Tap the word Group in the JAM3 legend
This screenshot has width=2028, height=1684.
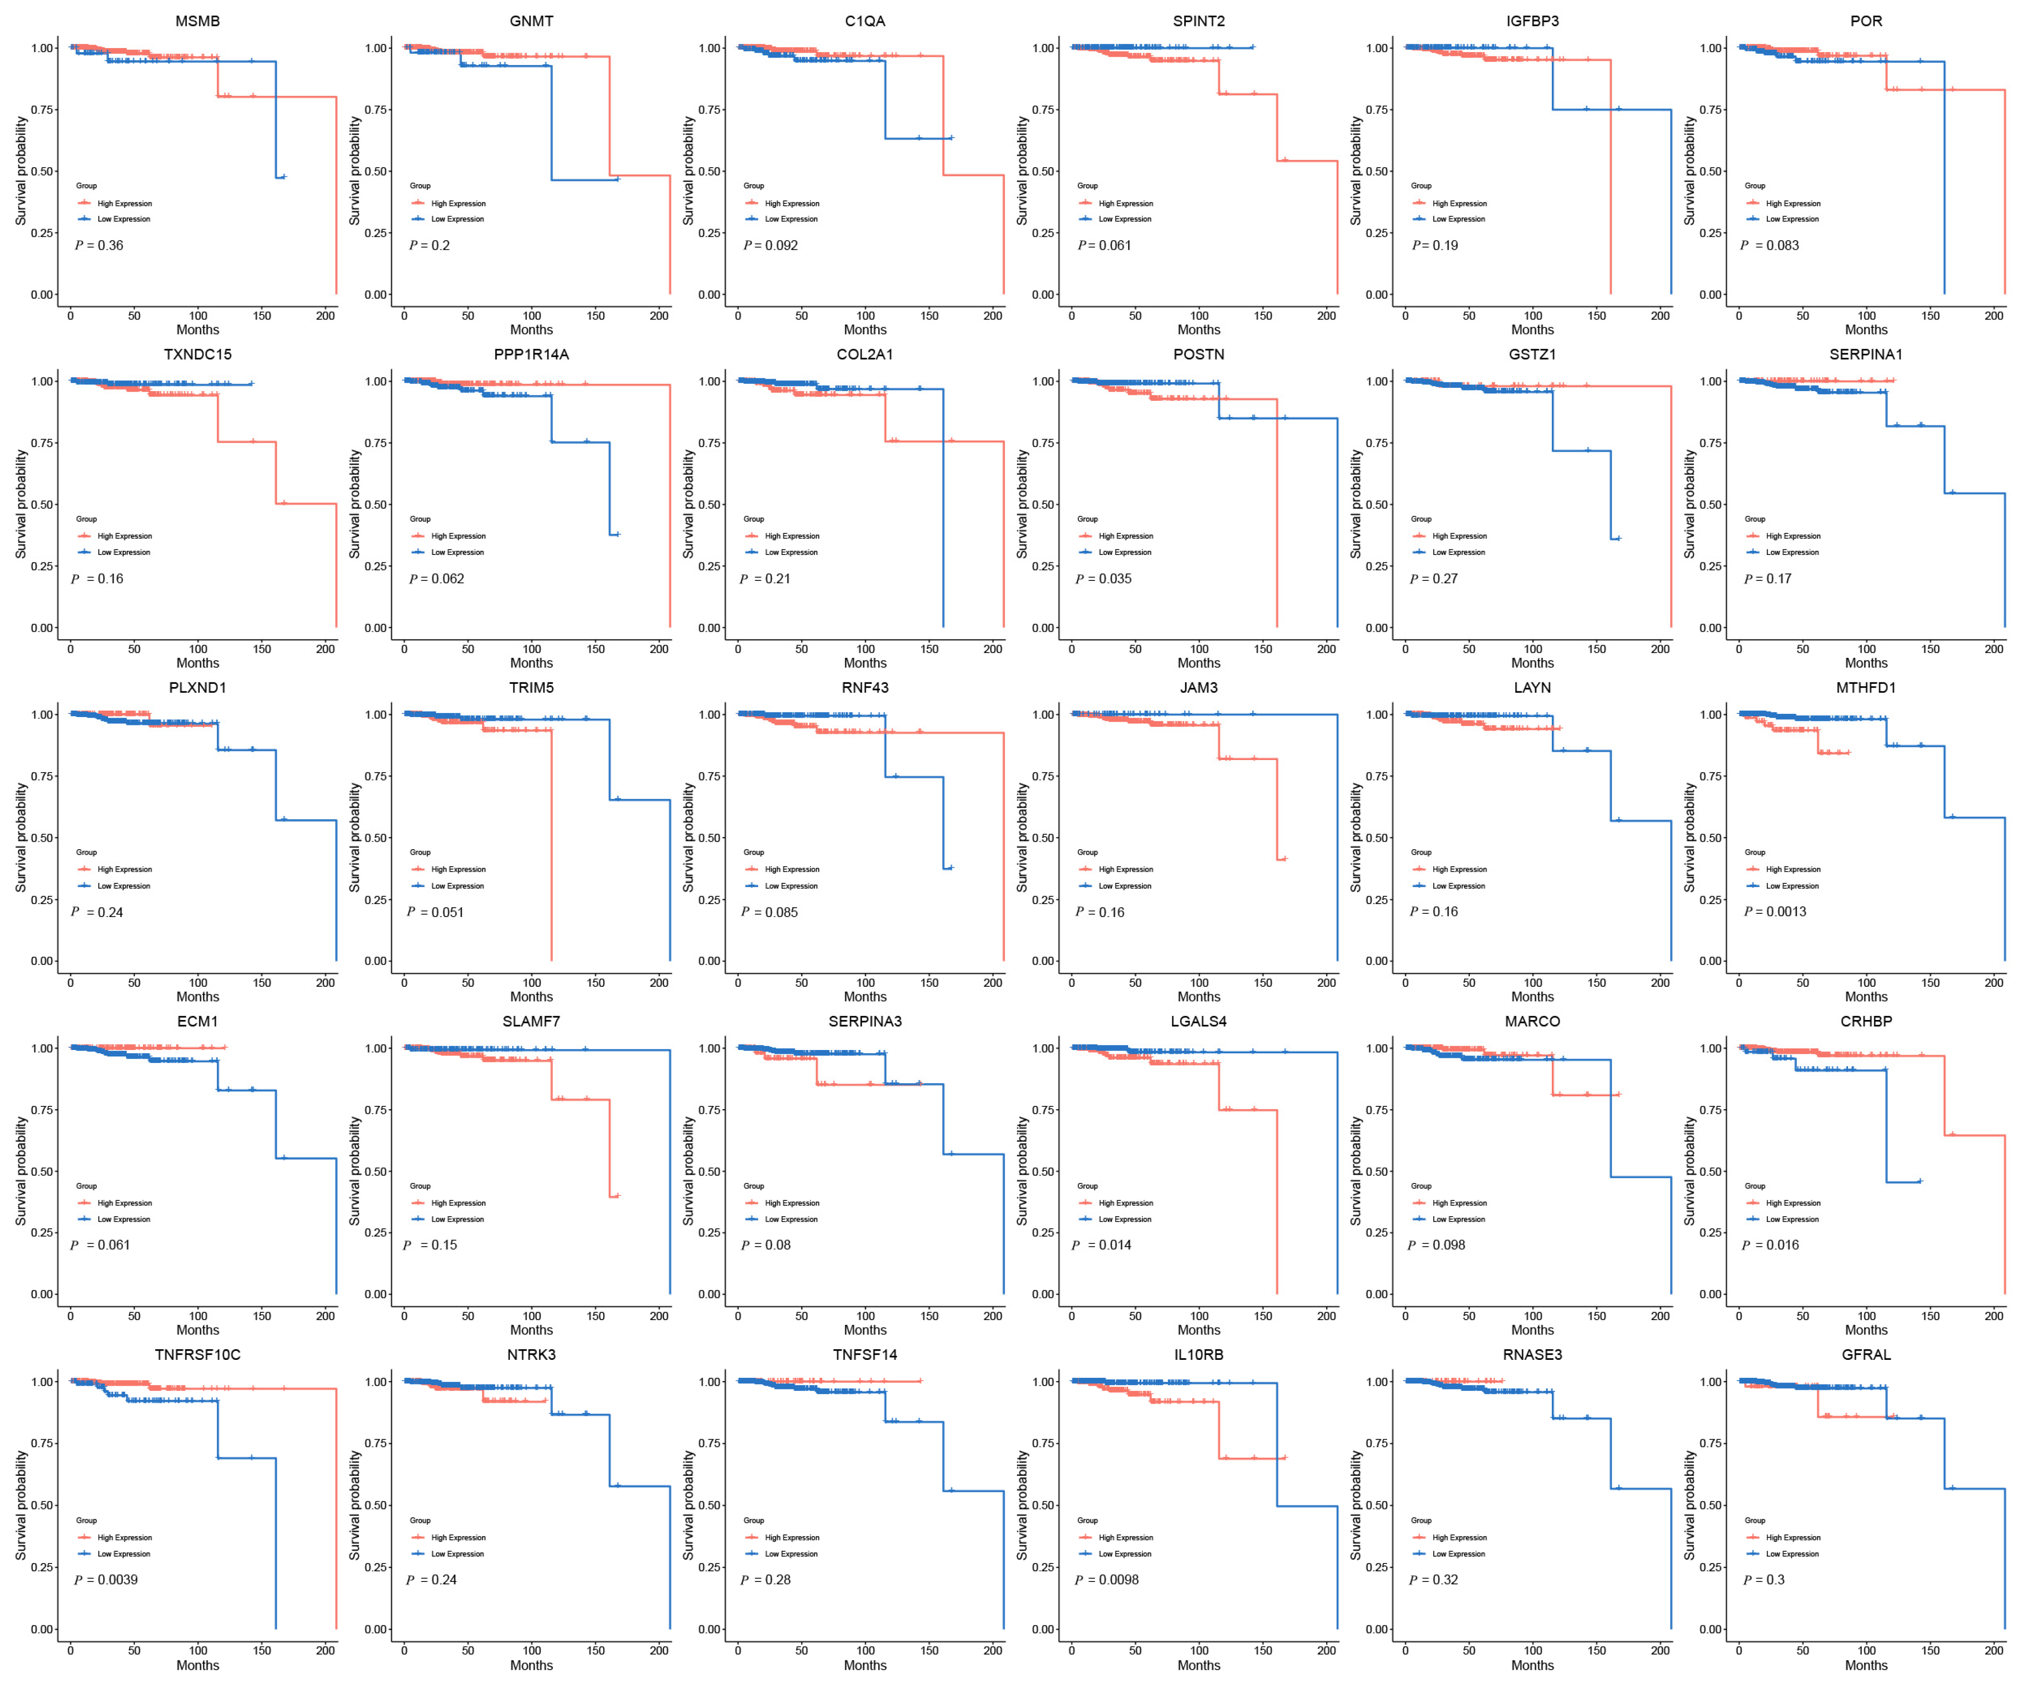click(1088, 852)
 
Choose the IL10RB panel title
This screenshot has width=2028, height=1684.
click(1198, 1355)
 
